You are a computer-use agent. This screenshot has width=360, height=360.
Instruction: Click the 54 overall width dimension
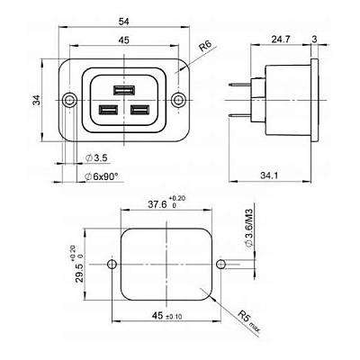[x=124, y=22]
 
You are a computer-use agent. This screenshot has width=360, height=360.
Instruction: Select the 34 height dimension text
[x=37, y=100]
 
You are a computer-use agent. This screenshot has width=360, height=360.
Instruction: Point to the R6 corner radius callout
[x=206, y=46]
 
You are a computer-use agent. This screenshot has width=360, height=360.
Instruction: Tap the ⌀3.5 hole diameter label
[x=96, y=157]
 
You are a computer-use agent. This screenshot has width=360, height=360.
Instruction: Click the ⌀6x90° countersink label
[x=101, y=176]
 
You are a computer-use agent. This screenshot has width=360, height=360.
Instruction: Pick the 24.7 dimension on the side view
[x=281, y=40]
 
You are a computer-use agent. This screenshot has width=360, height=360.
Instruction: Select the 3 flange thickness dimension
[x=314, y=40]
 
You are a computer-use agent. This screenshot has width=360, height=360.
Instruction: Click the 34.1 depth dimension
[x=269, y=175]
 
